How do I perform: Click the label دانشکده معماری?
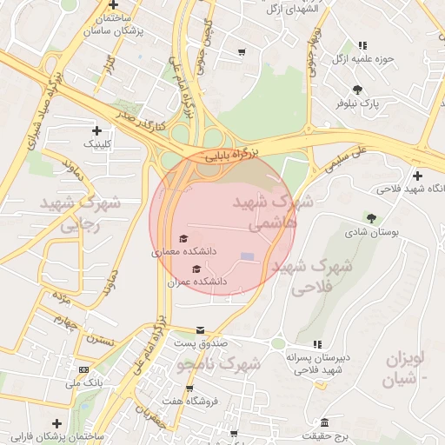coord(184,252)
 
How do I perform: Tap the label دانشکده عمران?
coord(198,282)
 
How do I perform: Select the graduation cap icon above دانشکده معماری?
coord(183,239)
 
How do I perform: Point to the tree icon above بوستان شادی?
coord(372,219)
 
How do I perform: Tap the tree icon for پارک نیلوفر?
coord(358,90)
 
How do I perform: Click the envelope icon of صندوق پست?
coord(201,330)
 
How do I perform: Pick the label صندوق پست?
coord(200,343)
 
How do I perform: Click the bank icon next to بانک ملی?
coord(83,369)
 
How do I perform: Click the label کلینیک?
coord(97,143)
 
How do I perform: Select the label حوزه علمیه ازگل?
coord(362,59)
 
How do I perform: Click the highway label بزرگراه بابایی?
coord(233,156)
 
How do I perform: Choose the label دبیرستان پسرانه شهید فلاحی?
coord(318,363)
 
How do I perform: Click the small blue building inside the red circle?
coord(248,256)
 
